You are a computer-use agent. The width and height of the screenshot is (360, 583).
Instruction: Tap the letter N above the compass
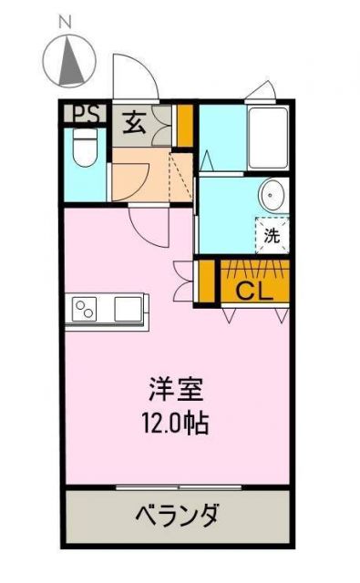(x=66, y=21)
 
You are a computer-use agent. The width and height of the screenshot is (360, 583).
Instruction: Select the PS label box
(x=86, y=115)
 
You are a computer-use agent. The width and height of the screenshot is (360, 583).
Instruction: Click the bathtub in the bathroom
(x=268, y=139)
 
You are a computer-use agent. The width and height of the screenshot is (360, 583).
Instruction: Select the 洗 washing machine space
(x=272, y=233)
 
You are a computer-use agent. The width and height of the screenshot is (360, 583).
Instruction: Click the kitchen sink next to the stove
(x=129, y=309)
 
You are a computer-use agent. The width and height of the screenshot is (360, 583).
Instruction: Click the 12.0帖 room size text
(x=176, y=423)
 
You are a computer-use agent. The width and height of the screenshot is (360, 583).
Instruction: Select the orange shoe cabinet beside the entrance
(x=185, y=126)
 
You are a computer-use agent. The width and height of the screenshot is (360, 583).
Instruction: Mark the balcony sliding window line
(x=178, y=488)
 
